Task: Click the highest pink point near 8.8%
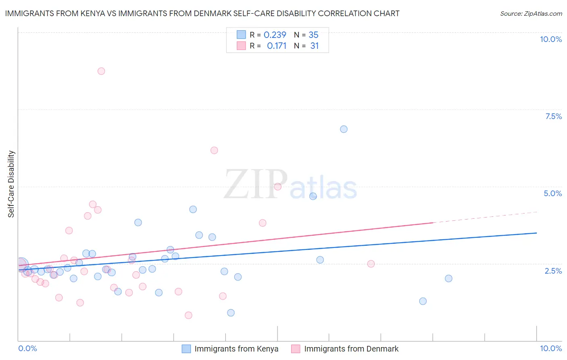pyautogui.click(x=101, y=71)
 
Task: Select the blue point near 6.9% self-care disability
pyautogui.click(x=344, y=129)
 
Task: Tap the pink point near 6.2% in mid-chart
pyautogui.click(x=214, y=150)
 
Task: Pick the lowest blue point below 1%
pyautogui.click(x=231, y=313)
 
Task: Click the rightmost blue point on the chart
pyautogui.click(x=448, y=278)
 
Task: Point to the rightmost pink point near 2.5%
pyautogui.click(x=371, y=264)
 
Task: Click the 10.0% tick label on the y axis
pyautogui.click(x=550, y=39)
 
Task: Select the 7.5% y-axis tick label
pyautogui.click(x=553, y=116)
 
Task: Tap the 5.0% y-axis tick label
pyautogui.click(x=552, y=193)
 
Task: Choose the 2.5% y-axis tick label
pyautogui.click(x=553, y=271)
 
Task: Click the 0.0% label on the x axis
pyautogui.click(x=27, y=348)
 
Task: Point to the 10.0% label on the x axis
pyautogui.click(x=550, y=348)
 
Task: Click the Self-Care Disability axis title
pyautogui.click(x=11, y=184)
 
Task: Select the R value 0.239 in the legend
pyautogui.click(x=275, y=35)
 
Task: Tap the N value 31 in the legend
pyautogui.click(x=315, y=46)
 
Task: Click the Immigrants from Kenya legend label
pyautogui.click(x=236, y=349)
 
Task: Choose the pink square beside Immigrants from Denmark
pyautogui.click(x=296, y=349)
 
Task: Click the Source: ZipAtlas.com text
pyautogui.click(x=531, y=14)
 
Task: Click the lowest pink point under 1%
pyautogui.click(x=188, y=315)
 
